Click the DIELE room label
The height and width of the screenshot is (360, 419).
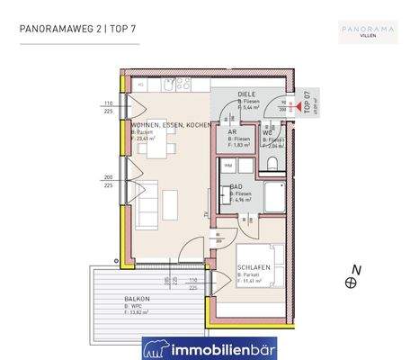[248, 93]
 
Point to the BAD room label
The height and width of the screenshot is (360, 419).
[237, 186]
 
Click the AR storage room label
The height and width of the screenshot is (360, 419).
[231, 130]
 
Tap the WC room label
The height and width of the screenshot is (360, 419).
[267, 133]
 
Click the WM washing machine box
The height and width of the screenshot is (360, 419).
[228, 166]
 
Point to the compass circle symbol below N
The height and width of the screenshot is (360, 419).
[352, 283]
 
